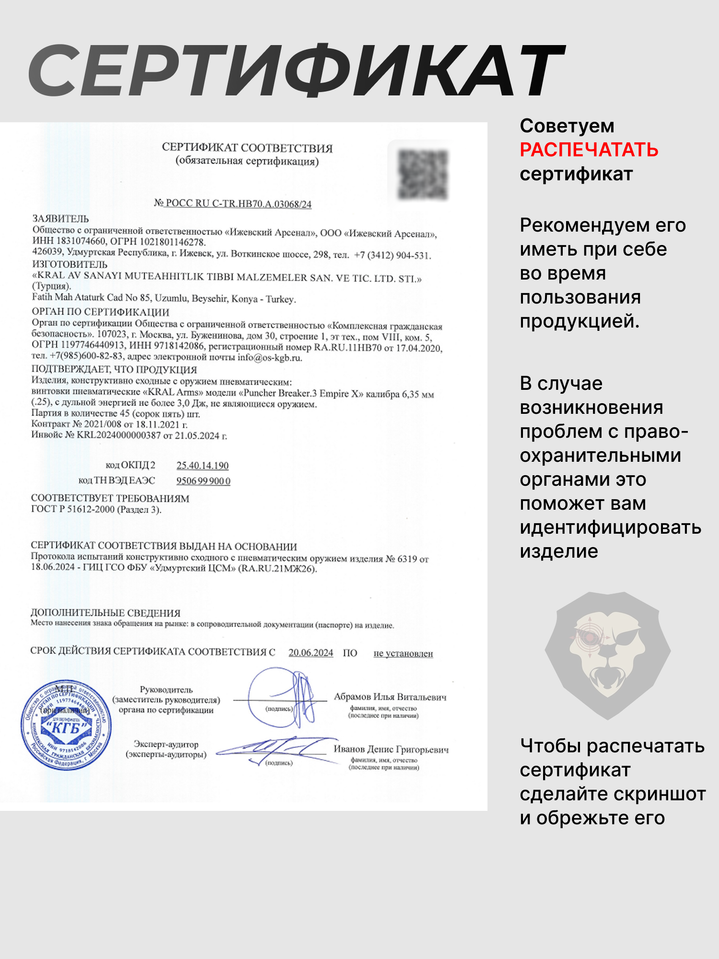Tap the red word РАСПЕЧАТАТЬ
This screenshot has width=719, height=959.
coord(589,150)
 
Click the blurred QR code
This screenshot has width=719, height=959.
coord(423,174)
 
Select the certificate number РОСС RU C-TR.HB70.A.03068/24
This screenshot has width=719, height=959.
coord(238,204)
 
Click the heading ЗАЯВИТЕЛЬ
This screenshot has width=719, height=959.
coord(60,219)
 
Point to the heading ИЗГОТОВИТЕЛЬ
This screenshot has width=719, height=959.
coord(70,264)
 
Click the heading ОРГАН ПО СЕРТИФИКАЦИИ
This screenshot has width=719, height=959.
coord(100,312)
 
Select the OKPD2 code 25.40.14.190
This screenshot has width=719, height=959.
coord(202,466)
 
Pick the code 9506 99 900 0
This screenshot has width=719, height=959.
coord(203,481)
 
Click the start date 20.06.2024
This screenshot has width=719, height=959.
coord(311,653)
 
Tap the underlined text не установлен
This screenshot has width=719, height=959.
coord(403,654)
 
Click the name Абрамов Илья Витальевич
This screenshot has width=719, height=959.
coord(390,697)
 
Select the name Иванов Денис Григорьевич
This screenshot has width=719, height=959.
coord(391,749)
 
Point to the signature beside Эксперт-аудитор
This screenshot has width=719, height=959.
coord(278,748)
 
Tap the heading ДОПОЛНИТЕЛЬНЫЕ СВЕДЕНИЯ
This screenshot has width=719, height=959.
coord(105,613)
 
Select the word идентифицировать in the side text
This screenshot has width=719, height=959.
coord(610,527)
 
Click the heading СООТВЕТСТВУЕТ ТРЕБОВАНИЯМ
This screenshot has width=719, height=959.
coord(110,499)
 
